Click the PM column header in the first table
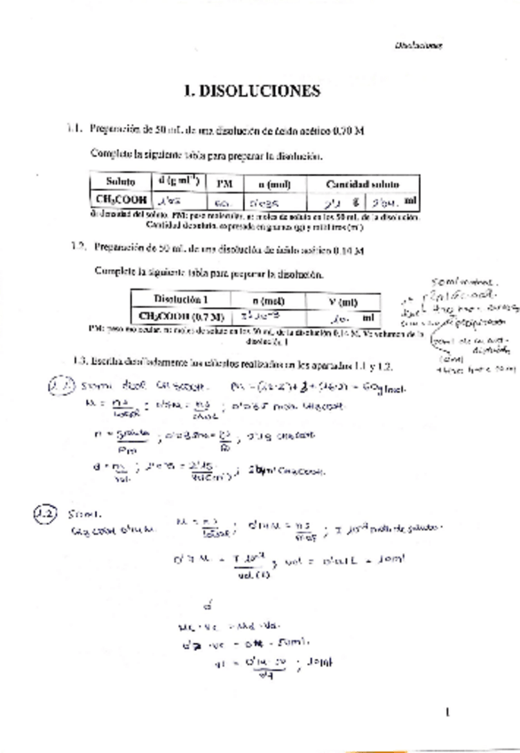pyautogui.click(x=225, y=182)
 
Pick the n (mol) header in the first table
pyautogui.click(x=271, y=182)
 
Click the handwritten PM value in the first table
pyautogui.click(x=223, y=202)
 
